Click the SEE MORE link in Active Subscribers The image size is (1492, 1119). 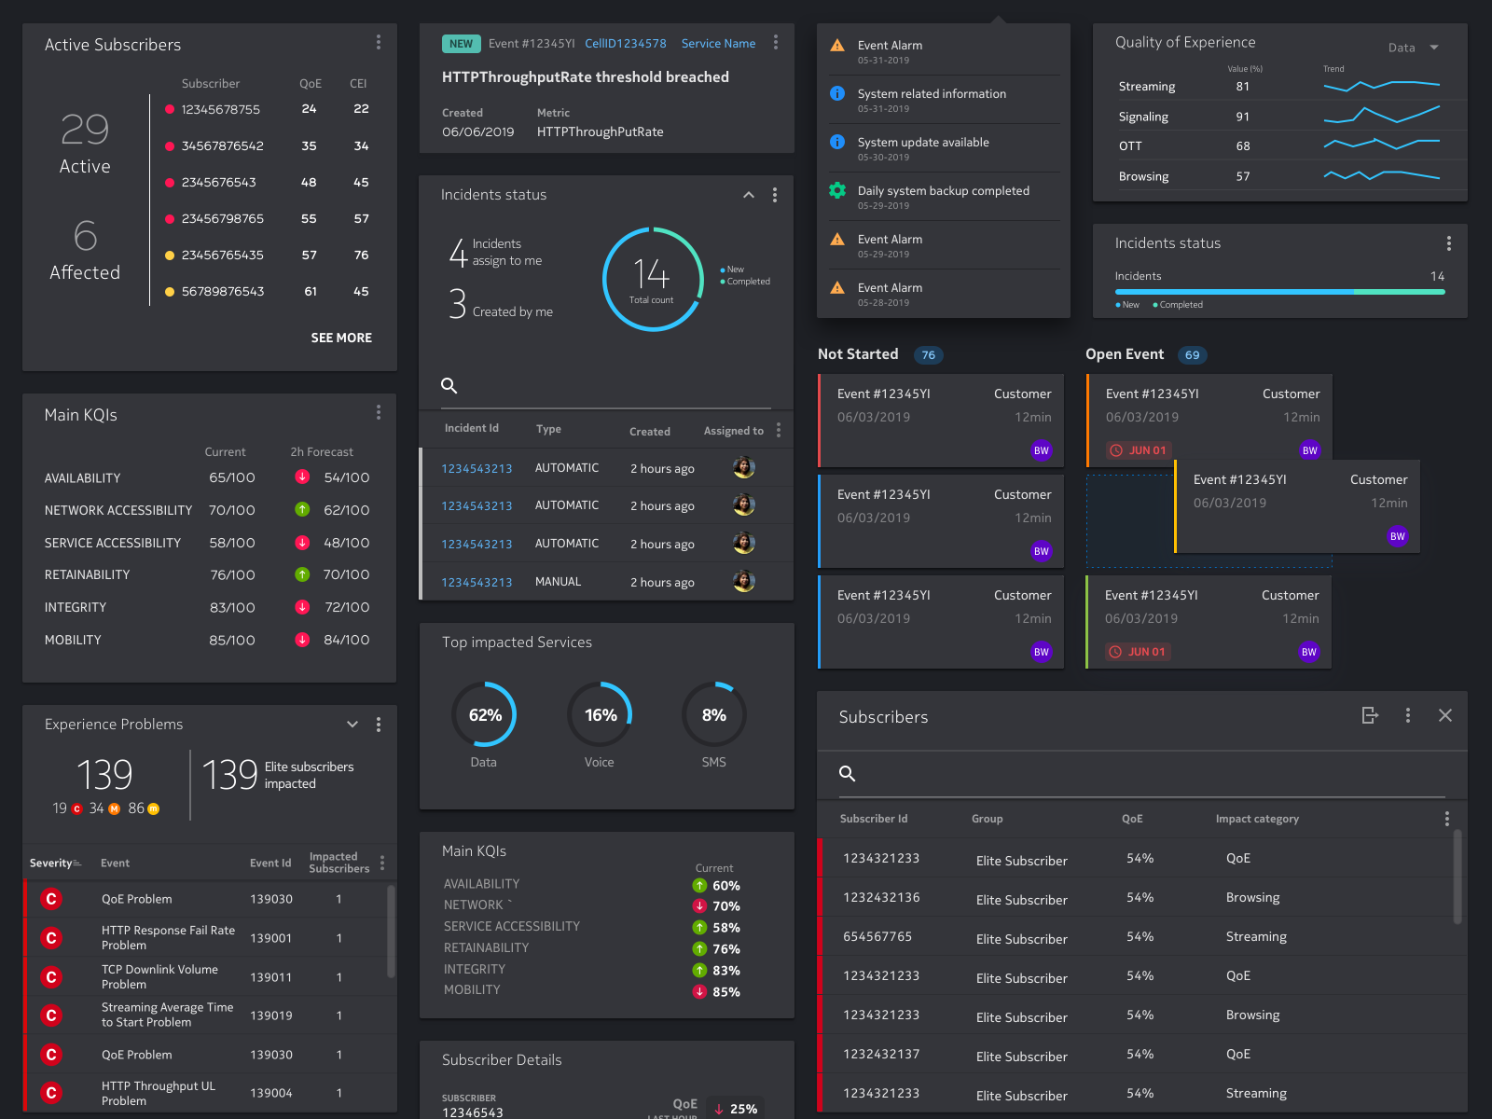pos(341,338)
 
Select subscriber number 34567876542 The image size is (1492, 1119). pos(222,146)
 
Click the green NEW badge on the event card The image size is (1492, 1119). pos(461,44)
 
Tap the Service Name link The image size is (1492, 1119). pos(718,44)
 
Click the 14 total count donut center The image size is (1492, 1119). pos(652,278)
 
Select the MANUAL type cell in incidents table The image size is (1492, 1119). pos(558,582)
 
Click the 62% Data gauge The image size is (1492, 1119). pos(484,714)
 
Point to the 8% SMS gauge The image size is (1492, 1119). pos(713,714)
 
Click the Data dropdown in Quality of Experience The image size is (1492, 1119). pos(1413,48)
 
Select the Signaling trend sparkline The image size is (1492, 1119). pos(1381,116)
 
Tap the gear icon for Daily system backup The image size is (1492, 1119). pos(837,190)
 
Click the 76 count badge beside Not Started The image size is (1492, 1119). pos(928,355)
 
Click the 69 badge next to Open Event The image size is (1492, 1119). pos(1192,355)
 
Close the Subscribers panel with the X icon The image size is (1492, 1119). pos(1444,715)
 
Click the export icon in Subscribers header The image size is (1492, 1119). pos(1369,715)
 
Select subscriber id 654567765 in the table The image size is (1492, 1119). pos(877,936)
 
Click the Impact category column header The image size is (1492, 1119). pos(1256,819)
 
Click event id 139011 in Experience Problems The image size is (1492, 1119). pos(270,977)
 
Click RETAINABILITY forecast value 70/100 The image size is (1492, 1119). pos(346,574)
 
